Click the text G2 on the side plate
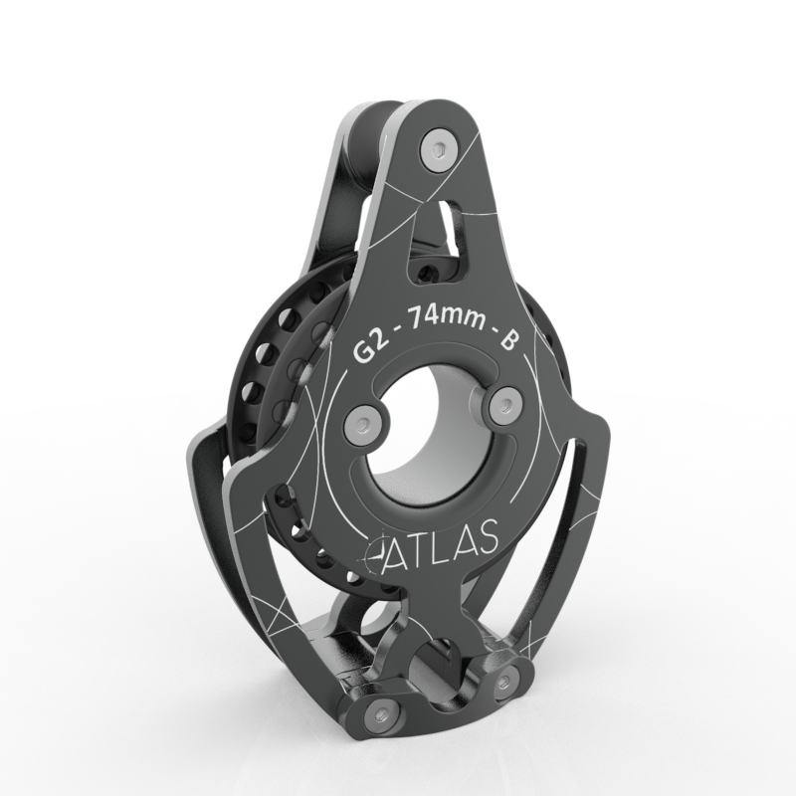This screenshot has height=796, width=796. [370, 348]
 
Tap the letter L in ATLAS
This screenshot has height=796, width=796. [442, 547]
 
